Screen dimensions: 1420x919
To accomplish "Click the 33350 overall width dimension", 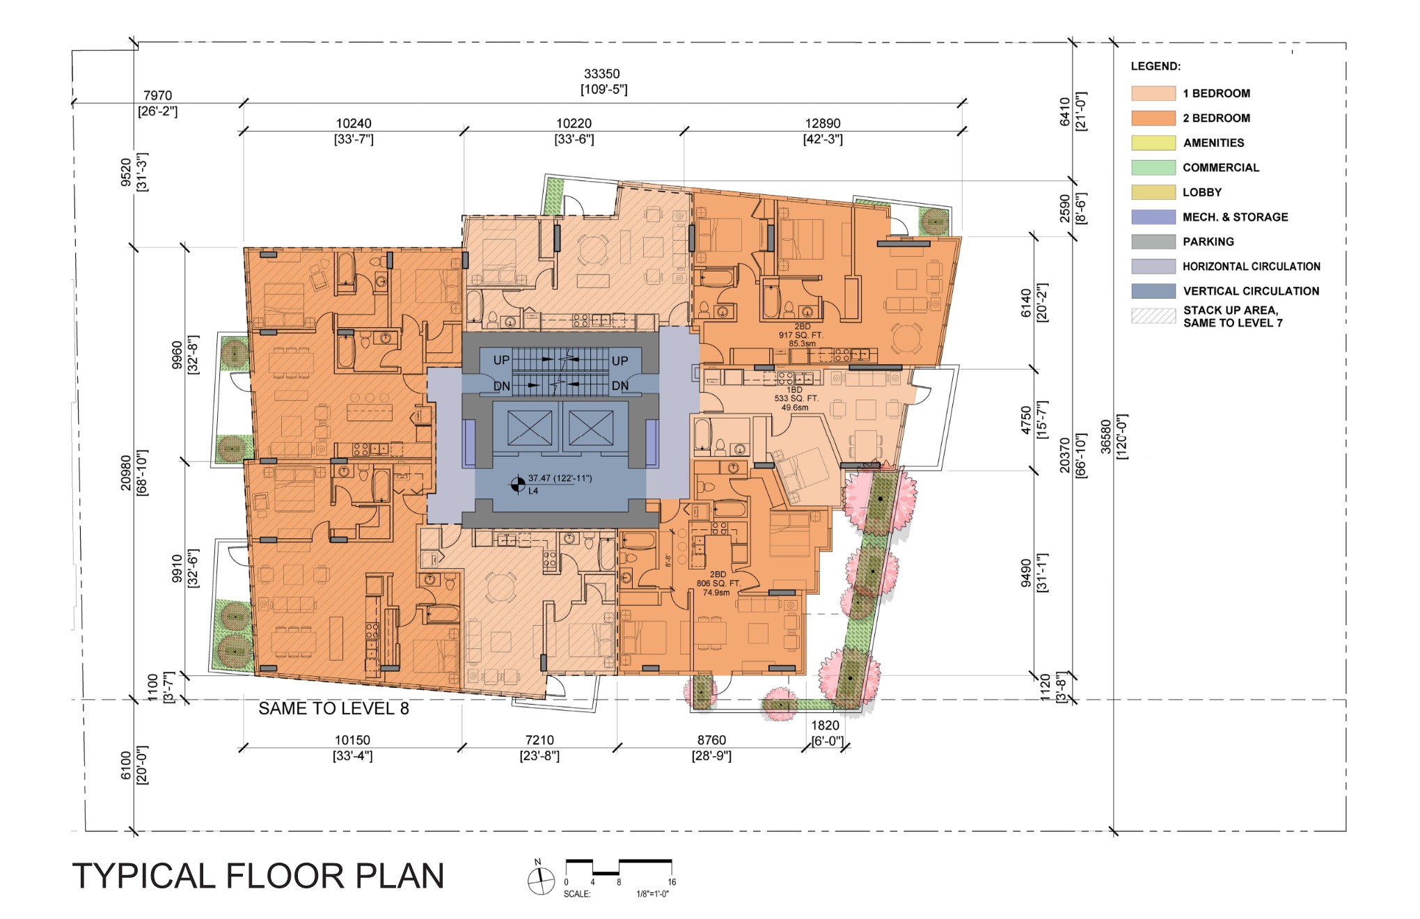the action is click(602, 74).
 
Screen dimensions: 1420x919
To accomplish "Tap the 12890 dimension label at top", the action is click(823, 123).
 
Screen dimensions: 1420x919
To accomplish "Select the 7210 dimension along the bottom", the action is click(539, 740).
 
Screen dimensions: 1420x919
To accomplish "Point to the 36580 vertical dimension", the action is click(1106, 437).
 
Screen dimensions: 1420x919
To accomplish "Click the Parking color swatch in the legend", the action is click(1153, 242).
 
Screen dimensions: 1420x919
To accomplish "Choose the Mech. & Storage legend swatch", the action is click(1153, 217).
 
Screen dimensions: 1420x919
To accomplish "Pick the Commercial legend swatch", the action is click(1153, 168).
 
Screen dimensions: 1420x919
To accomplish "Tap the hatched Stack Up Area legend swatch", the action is click(1153, 316).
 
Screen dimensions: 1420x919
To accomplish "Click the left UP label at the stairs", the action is click(501, 360).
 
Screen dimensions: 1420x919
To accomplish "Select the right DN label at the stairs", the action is click(620, 386).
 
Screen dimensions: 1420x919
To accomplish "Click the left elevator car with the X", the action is click(530, 427).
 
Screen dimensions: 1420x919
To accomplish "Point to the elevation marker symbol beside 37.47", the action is click(518, 484).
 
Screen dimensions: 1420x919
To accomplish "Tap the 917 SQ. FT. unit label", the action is click(801, 335).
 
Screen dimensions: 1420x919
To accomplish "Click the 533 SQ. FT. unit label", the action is click(796, 399).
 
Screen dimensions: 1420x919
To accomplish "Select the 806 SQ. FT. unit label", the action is click(718, 583).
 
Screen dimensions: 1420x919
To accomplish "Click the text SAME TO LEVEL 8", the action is click(333, 709).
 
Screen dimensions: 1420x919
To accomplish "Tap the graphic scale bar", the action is click(619, 867).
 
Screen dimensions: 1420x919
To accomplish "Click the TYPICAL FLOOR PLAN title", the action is click(258, 876).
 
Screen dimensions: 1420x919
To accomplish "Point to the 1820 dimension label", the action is click(825, 725).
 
